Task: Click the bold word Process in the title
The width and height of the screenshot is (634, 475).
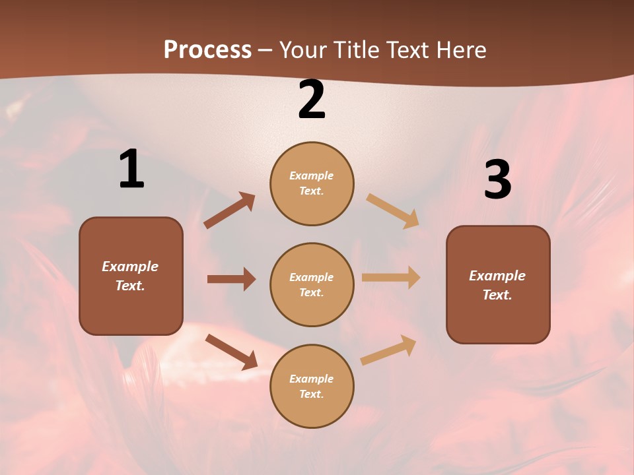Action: (x=207, y=50)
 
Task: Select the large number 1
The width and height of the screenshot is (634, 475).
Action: (x=131, y=170)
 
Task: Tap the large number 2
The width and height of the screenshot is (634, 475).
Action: (x=312, y=100)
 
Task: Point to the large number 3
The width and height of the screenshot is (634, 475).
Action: (x=497, y=179)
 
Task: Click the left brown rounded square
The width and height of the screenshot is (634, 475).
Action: (x=131, y=276)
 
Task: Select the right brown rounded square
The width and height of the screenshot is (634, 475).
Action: (x=498, y=284)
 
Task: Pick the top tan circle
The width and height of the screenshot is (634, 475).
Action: (x=312, y=183)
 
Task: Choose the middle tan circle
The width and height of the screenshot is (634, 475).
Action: (x=312, y=284)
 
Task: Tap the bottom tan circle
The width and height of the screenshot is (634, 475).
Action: (x=312, y=386)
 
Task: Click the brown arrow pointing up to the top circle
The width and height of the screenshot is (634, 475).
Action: (x=230, y=210)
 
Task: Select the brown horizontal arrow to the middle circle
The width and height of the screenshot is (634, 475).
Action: (x=231, y=279)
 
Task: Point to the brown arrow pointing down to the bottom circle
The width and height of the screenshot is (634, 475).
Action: (x=231, y=351)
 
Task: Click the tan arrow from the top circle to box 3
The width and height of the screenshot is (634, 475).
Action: (x=393, y=210)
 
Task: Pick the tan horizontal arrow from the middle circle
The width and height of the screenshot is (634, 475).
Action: (x=391, y=278)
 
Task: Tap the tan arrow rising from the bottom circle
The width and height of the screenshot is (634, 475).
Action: (x=388, y=350)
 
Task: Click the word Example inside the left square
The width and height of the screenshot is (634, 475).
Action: (x=130, y=267)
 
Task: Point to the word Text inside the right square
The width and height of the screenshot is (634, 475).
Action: (x=496, y=295)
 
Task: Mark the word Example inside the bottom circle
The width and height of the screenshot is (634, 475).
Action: (x=311, y=379)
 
